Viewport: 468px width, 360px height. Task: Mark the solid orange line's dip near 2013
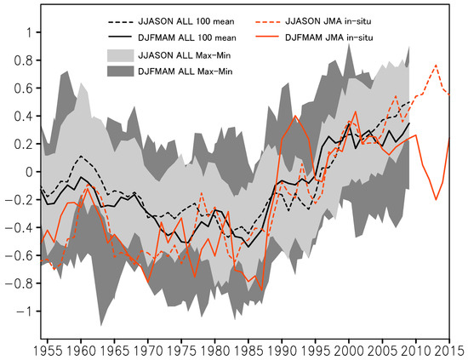pyautogui.click(x=436, y=200)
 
